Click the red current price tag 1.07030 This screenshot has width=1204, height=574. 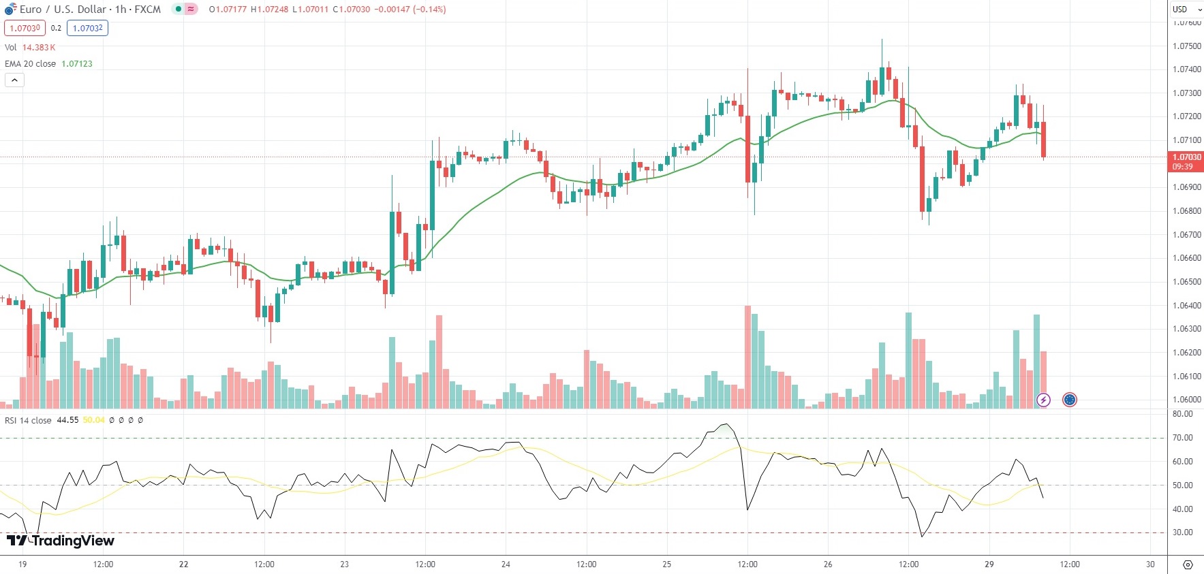pos(1186,157)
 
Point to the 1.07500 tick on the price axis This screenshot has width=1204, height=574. pos(1186,46)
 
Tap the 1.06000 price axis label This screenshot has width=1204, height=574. pos(1186,400)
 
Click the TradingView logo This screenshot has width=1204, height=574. pos(60,541)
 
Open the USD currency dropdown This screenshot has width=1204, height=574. pos(1186,10)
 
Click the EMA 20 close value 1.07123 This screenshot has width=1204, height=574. pos(77,64)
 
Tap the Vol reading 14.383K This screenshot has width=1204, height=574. pos(39,48)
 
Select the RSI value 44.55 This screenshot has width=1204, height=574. pos(67,420)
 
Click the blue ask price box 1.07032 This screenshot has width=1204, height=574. pos(88,29)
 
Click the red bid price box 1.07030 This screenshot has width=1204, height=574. pos(25,29)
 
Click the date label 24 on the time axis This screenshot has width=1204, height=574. pos(506,564)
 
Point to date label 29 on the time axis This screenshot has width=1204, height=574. pos(989,564)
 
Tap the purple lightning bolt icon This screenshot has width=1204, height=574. pos(1043,400)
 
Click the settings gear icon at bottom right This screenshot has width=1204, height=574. pos(1188,564)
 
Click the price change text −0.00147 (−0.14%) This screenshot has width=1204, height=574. pos(410,10)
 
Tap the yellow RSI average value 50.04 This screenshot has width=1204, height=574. pos(94,420)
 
